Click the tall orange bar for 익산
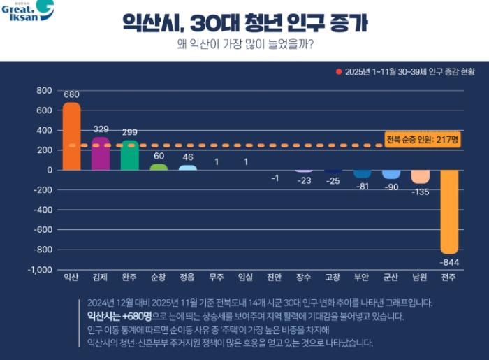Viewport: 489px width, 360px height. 71,136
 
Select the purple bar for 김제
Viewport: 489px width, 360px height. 101,154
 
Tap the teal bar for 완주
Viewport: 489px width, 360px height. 129,155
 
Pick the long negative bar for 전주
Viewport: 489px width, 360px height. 449,211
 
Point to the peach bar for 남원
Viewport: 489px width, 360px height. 420,176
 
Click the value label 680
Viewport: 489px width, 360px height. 71,94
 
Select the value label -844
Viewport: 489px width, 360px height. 449,262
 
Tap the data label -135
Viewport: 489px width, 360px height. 420,192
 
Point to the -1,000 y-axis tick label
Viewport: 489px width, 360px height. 40,270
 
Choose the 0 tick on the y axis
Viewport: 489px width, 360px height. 49,170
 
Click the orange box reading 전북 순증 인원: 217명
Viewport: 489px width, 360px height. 423,140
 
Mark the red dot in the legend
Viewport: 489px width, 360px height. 339,71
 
